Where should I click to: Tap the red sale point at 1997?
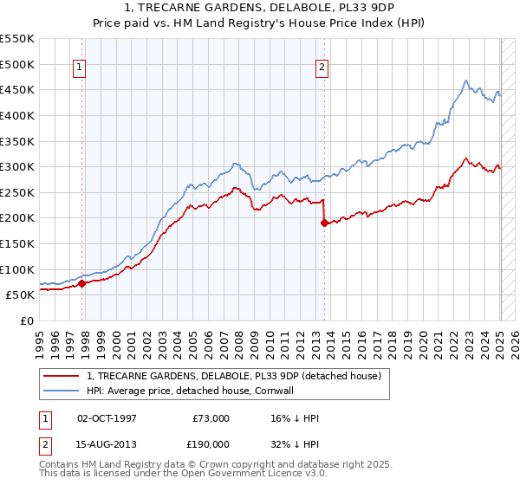pos(81,283)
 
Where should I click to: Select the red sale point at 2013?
pos(324,223)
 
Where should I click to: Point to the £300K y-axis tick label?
pos(17,166)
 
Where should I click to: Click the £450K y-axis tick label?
pos(17,89)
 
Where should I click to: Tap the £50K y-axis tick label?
pos(21,294)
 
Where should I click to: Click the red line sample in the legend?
pos(61,376)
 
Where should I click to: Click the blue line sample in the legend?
pos(61,391)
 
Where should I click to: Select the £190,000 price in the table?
pos(211,443)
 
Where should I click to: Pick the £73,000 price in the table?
pos(211,418)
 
